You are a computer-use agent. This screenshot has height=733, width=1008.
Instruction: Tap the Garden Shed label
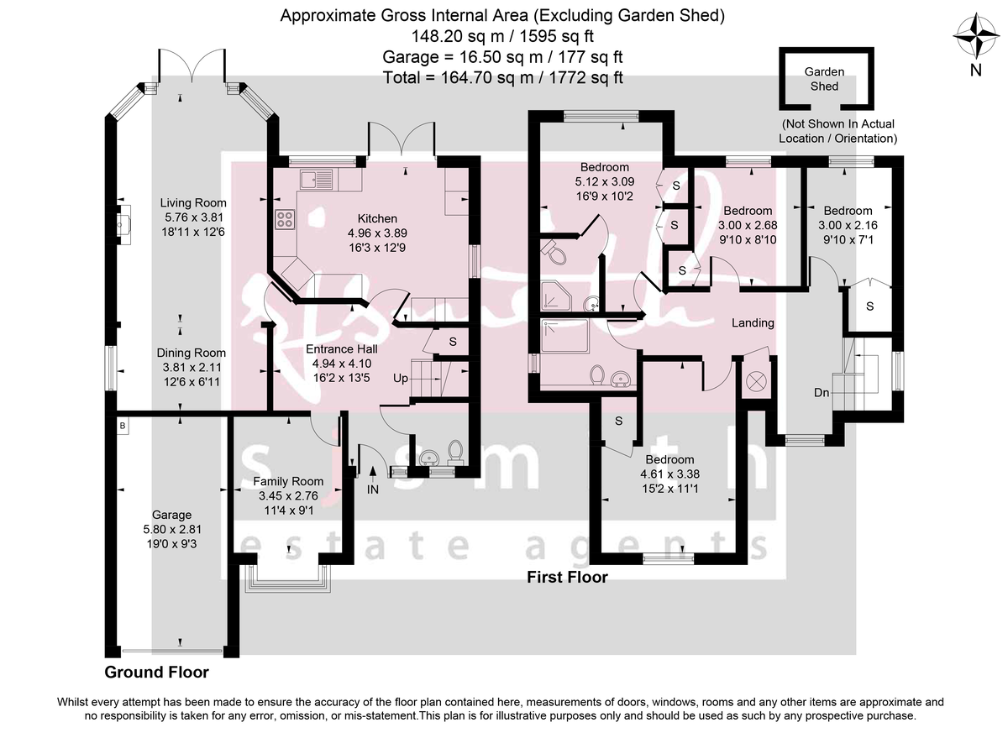pyautogui.click(x=824, y=79)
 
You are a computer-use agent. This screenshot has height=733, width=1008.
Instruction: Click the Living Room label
pyautogui.click(x=193, y=202)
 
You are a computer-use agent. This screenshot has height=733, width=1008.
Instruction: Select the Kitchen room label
pyautogui.click(x=377, y=218)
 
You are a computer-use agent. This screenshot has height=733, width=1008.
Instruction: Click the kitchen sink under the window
pyautogui.click(x=318, y=177)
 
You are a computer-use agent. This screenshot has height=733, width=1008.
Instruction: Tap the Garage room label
pyautogui.click(x=171, y=515)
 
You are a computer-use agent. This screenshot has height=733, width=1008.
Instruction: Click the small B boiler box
pyautogui.click(x=123, y=427)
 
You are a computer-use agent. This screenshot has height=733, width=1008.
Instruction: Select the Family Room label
pyautogui.click(x=288, y=481)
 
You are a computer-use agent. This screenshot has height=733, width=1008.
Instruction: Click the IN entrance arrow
pyautogui.click(x=372, y=483)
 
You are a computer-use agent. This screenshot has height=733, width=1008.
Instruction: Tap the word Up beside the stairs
pyautogui.click(x=401, y=379)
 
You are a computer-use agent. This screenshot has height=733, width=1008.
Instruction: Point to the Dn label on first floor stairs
pyautogui.click(x=823, y=391)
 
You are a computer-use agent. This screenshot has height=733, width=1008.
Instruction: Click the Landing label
pyautogui.click(x=753, y=322)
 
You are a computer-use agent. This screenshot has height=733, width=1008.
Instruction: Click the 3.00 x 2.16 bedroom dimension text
pyautogui.click(x=848, y=224)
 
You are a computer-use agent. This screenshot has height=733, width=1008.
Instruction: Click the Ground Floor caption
pyautogui.click(x=156, y=673)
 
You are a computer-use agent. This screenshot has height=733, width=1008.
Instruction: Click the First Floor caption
pyautogui.click(x=567, y=577)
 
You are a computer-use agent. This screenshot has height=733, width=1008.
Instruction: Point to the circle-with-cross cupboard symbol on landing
pyautogui.click(x=757, y=380)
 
